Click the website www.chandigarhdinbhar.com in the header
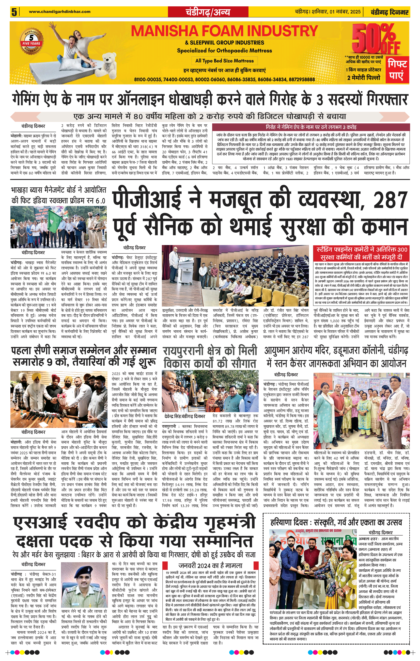[60, 11]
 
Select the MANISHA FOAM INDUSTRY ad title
[224, 31]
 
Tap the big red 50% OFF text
[376, 40]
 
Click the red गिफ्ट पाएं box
[397, 70]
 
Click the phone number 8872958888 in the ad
[302, 79]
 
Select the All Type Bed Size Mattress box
[224, 61]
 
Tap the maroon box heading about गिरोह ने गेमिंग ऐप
[311, 127]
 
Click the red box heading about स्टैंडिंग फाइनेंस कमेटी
[362, 253]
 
